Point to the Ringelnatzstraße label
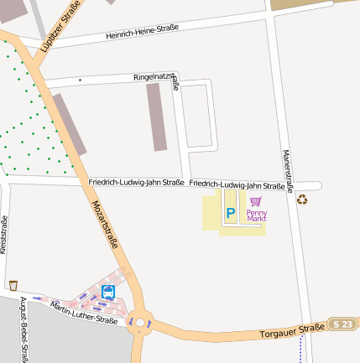[157, 79]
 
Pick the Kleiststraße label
[4, 236]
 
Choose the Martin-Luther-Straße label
[84, 313]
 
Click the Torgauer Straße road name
[292, 329]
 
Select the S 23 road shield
[342, 324]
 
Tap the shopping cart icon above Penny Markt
[256, 201]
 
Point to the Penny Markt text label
[256, 215]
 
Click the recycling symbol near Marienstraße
[302, 200]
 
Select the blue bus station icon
[108, 292]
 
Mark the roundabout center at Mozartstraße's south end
[140, 321]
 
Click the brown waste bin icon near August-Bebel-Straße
[13, 286]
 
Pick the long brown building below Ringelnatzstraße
[158, 117]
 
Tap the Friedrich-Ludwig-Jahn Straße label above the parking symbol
[237, 185]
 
